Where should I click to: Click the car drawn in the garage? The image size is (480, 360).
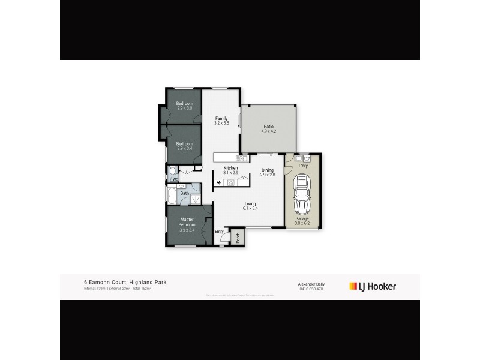(x=302, y=195)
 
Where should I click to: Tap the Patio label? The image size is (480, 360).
(x=269, y=126)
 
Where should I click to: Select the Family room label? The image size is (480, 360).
(x=221, y=118)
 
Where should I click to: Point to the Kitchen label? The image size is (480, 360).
(x=231, y=167)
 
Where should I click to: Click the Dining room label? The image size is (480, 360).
(x=267, y=170)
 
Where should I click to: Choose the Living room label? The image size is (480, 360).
(x=250, y=204)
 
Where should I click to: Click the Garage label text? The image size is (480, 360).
(x=302, y=219)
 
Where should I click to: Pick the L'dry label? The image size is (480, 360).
(x=303, y=166)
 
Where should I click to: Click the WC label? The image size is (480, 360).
(x=175, y=179)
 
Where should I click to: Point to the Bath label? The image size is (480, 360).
(x=185, y=193)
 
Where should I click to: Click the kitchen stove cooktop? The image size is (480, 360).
(x=230, y=182)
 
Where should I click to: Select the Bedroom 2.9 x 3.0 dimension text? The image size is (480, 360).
(x=184, y=108)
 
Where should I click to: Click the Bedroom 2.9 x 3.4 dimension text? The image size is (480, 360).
(x=184, y=148)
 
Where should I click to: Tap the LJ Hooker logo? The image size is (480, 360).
(x=373, y=286)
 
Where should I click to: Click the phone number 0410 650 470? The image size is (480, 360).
(x=311, y=289)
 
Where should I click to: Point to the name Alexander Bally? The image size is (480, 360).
(x=311, y=284)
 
